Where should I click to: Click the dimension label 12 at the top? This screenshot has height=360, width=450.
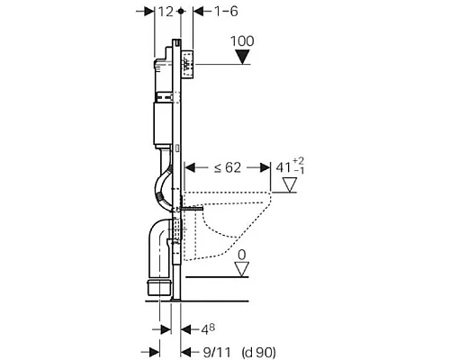tap(163, 11)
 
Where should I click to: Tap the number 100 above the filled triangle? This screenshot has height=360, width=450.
tap(244, 41)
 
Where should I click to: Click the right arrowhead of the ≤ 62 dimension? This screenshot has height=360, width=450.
tap(266, 166)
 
